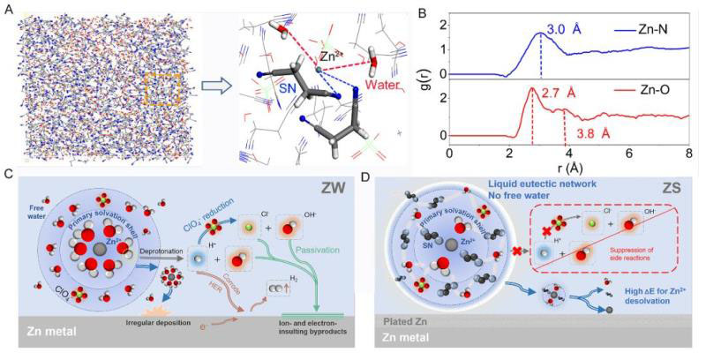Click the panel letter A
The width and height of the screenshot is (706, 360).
(8, 8)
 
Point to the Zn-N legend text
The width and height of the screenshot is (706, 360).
(633, 29)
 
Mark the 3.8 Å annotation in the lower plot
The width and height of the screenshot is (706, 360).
(595, 133)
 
